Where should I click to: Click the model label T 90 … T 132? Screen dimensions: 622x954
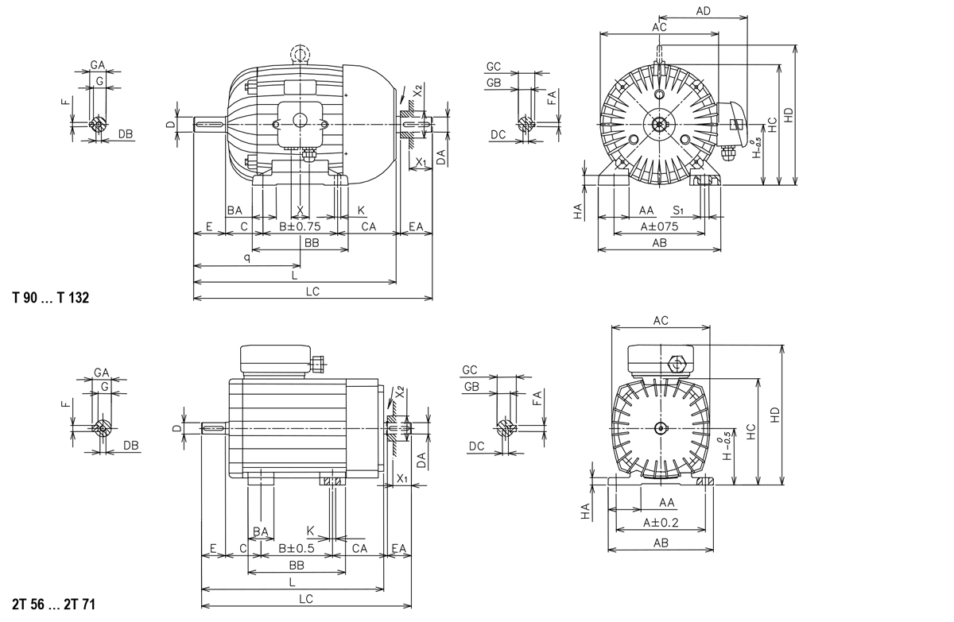[51, 298]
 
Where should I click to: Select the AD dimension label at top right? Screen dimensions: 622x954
[703, 11]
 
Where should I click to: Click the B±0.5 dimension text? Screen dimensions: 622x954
[297, 548]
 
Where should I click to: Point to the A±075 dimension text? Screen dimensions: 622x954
[659, 226]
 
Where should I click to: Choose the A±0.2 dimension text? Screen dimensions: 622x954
[661, 523]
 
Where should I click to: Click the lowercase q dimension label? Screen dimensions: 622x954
[247, 258]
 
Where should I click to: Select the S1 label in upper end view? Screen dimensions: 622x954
[679, 210]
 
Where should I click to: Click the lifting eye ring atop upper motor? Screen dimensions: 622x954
[301, 53]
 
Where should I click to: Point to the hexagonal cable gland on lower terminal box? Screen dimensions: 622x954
[677, 364]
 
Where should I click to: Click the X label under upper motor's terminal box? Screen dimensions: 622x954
[301, 210]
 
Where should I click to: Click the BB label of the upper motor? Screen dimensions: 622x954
[312, 243]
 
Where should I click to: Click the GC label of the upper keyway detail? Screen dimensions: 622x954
[493, 66]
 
